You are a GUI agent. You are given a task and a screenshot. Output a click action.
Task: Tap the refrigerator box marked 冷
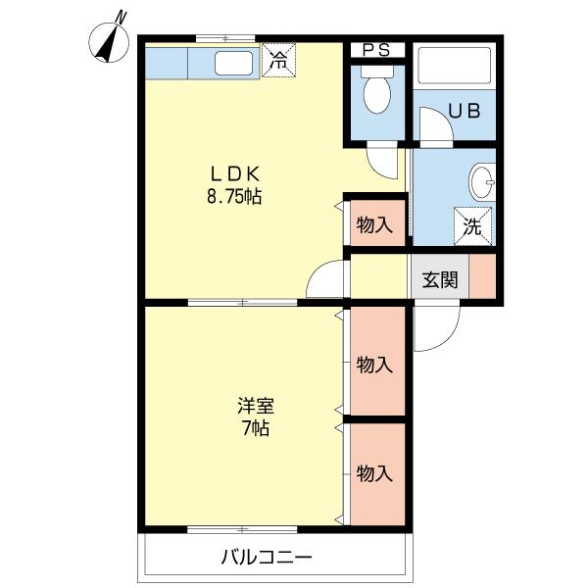pos(279,59)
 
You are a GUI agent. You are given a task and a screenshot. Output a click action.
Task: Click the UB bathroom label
pos(464,110)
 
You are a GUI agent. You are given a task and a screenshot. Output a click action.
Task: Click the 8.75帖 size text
pos(233,196)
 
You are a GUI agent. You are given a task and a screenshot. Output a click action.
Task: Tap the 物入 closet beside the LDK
pos(374,224)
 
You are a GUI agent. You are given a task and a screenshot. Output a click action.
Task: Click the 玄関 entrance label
pos(440,279)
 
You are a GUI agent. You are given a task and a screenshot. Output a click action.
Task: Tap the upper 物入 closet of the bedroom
pos(374,365)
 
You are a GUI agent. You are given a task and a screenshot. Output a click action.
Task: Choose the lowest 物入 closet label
pos(374,473)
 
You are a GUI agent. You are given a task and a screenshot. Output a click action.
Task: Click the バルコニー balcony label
pos(266,558)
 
